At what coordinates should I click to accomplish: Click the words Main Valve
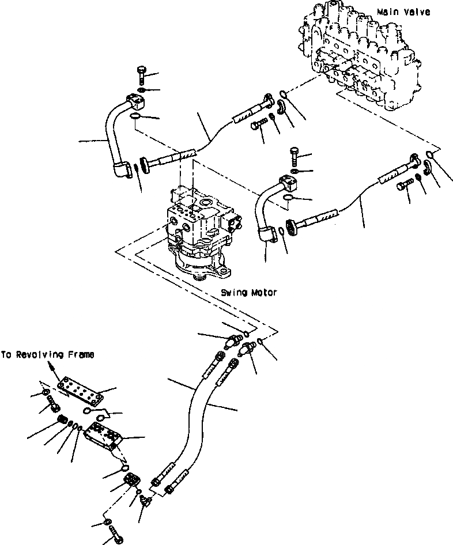click(x=403, y=12)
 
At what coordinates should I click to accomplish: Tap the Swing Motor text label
click(x=248, y=293)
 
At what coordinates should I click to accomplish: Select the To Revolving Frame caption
click(x=47, y=355)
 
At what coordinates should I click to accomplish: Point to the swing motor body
click(x=199, y=230)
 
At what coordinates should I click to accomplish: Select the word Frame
click(x=81, y=355)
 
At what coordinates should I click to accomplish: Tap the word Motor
click(x=264, y=293)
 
